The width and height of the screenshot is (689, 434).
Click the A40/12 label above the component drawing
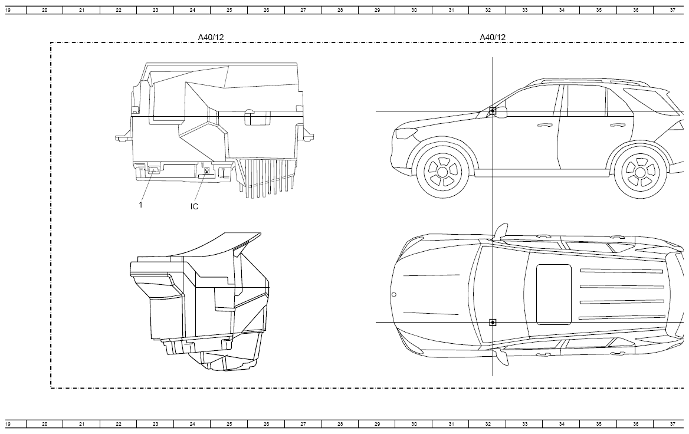point(211,37)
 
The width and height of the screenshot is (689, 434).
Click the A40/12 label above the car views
point(493,37)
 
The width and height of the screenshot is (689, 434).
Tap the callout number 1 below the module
point(140,205)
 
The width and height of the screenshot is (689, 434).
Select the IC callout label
point(194,206)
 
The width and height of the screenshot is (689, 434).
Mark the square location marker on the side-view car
point(493,111)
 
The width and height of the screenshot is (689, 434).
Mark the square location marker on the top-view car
point(493,323)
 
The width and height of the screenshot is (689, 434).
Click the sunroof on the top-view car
point(554,294)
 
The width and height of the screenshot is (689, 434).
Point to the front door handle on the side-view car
point(545,125)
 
